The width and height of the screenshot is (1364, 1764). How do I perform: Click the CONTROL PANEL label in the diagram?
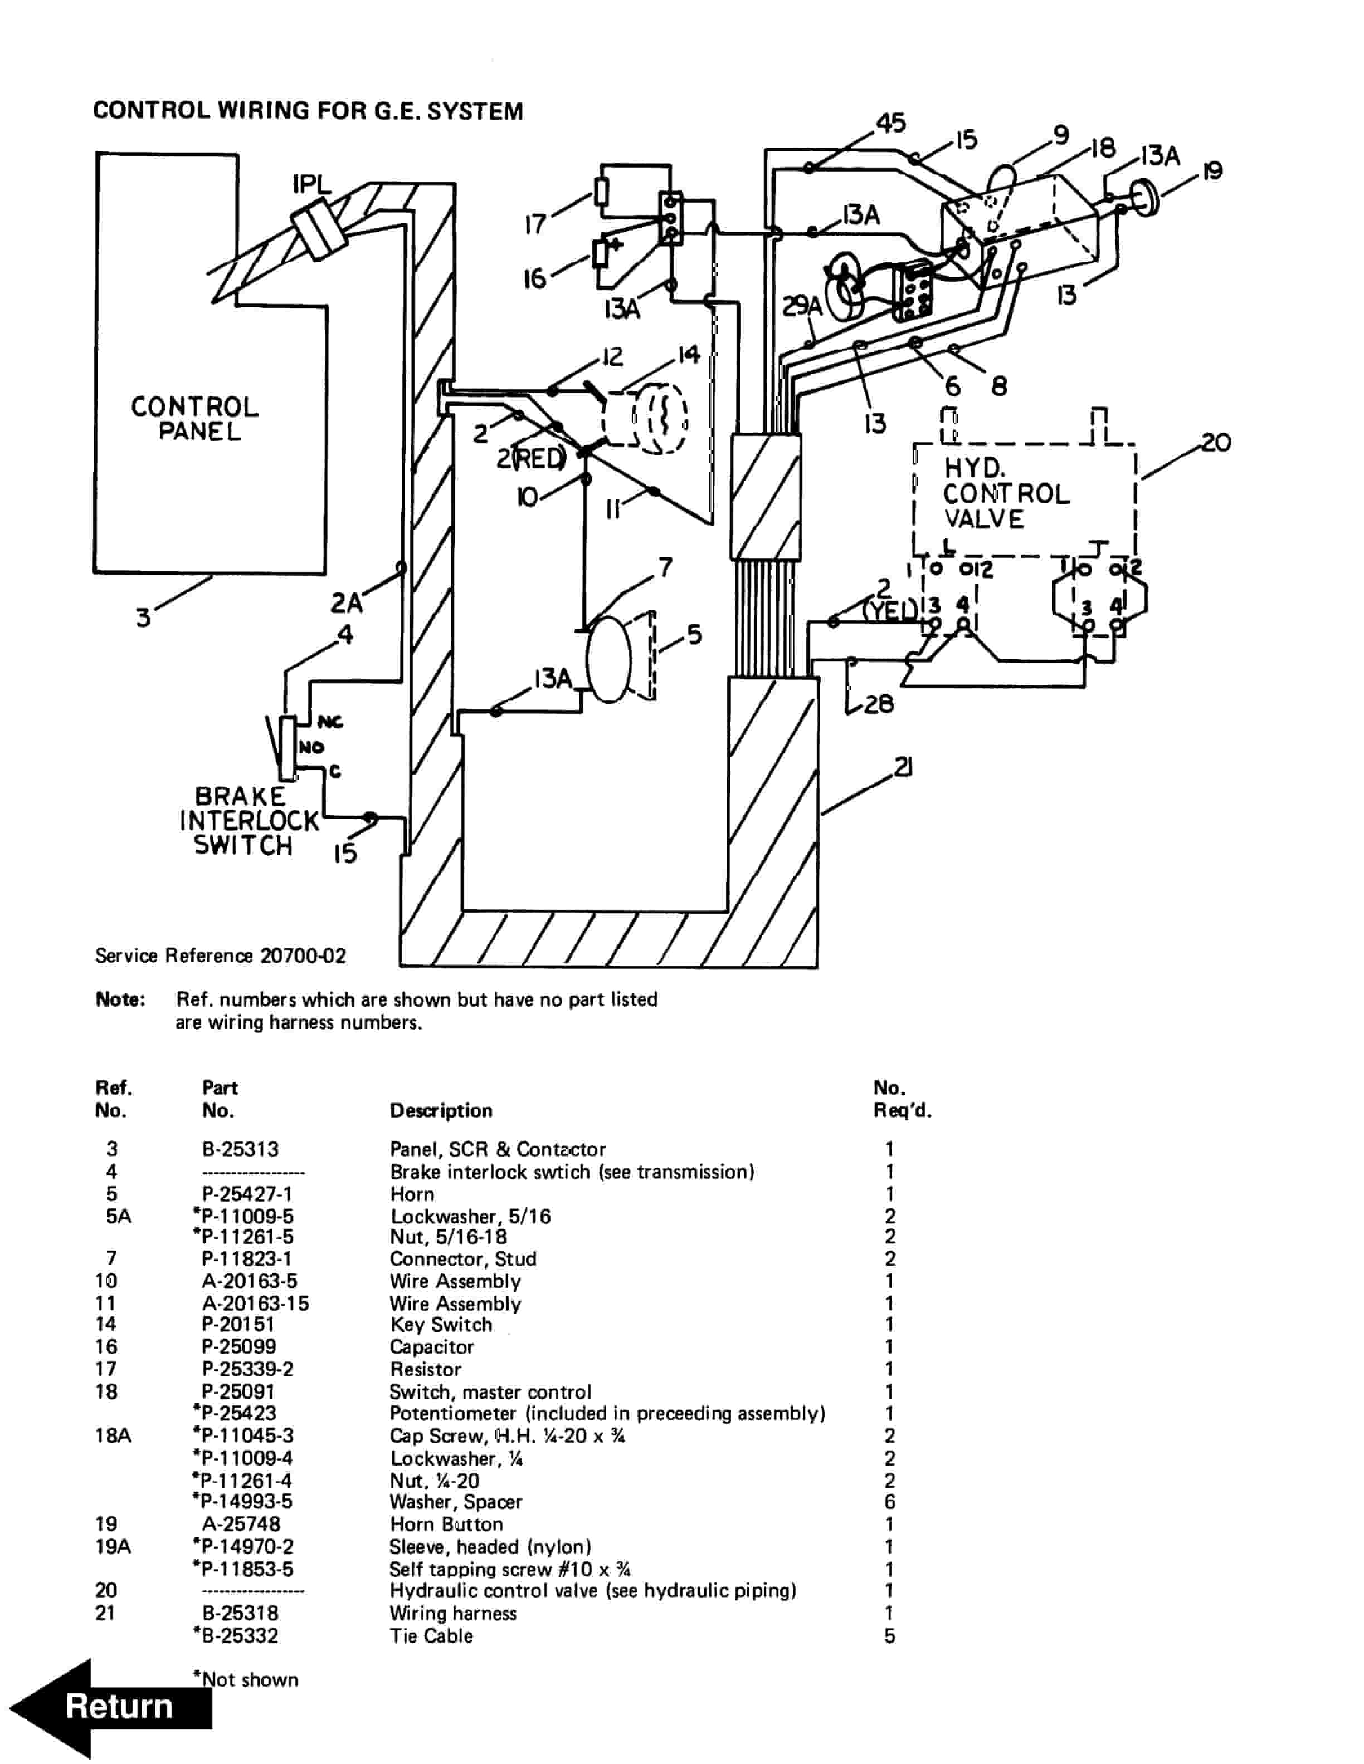pos(195,418)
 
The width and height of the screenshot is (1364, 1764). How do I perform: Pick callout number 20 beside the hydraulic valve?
pos(1215,443)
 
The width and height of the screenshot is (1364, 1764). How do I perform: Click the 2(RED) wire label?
pos(531,459)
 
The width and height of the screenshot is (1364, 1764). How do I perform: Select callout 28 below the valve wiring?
pos(878,704)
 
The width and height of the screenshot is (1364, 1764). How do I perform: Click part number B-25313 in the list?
pos(240,1149)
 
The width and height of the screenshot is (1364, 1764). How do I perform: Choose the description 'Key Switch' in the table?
pos(441,1325)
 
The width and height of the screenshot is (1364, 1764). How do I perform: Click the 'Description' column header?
pos(441,1111)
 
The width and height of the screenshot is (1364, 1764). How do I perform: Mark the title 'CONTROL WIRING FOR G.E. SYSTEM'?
pos(308,111)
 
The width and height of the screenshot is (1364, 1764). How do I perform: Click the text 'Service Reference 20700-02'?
pos(221,955)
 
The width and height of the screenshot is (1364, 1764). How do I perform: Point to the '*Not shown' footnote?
pos(246,1679)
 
